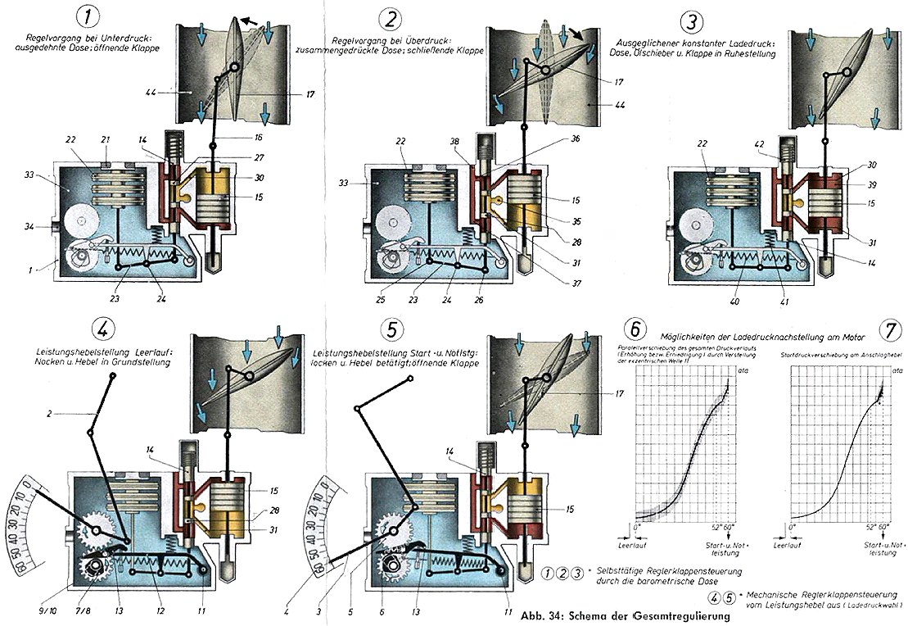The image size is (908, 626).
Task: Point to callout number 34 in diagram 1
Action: [x=29, y=225]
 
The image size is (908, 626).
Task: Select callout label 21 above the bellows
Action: [x=105, y=140]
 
